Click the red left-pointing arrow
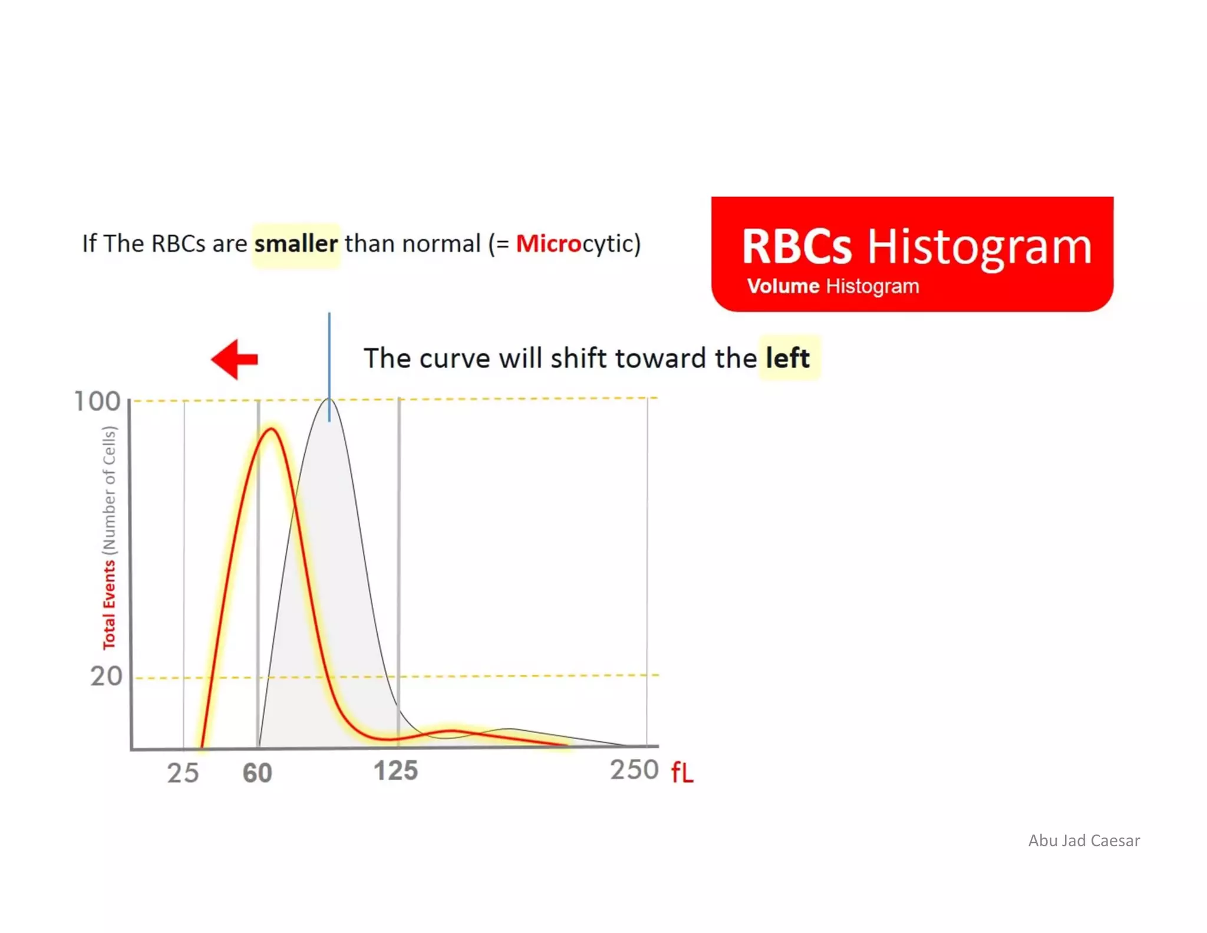pyautogui.click(x=234, y=359)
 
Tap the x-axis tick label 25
pyautogui.click(x=183, y=773)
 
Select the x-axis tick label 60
pyautogui.click(x=258, y=773)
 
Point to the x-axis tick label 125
pyautogui.click(x=395, y=771)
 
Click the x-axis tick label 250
pyautogui.click(x=634, y=770)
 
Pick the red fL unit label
pyautogui.click(x=682, y=772)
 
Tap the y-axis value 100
pyautogui.click(x=97, y=402)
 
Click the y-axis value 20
pyautogui.click(x=106, y=676)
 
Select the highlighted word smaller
pyautogui.click(x=296, y=244)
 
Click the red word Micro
pyautogui.click(x=548, y=244)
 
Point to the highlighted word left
pyautogui.click(x=787, y=358)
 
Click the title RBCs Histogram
pyautogui.click(x=916, y=246)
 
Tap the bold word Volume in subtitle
pyautogui.click(x=783, y=286)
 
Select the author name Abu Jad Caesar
pyautogui.click(x=1083, y=840)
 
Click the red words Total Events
pyautogui.click(x=109, y=605)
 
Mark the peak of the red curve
pyautogui.click(x=271, y=429)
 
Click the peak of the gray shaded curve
pyautogui.click(x=329, y=401)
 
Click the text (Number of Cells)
pyautogui.click(x=109, y=490)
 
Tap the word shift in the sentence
pyautogui.click(x=580, y=358)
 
